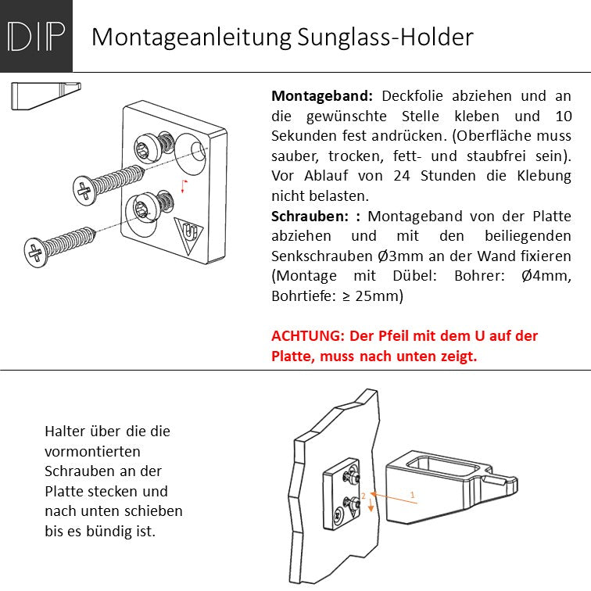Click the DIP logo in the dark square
(36, 36)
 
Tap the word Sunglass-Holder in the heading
(385, 37)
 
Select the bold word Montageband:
(322, 96)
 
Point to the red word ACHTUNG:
(308, 335)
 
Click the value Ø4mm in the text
(546, 276)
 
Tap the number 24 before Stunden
(402, 176)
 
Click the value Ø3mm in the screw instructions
(400, 256)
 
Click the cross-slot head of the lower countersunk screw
(35, 253)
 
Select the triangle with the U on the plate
(188, 235)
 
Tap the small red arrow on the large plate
(184, 187)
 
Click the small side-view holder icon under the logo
(46, 96)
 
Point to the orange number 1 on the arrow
(412, 495)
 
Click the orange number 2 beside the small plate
(364, 496)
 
